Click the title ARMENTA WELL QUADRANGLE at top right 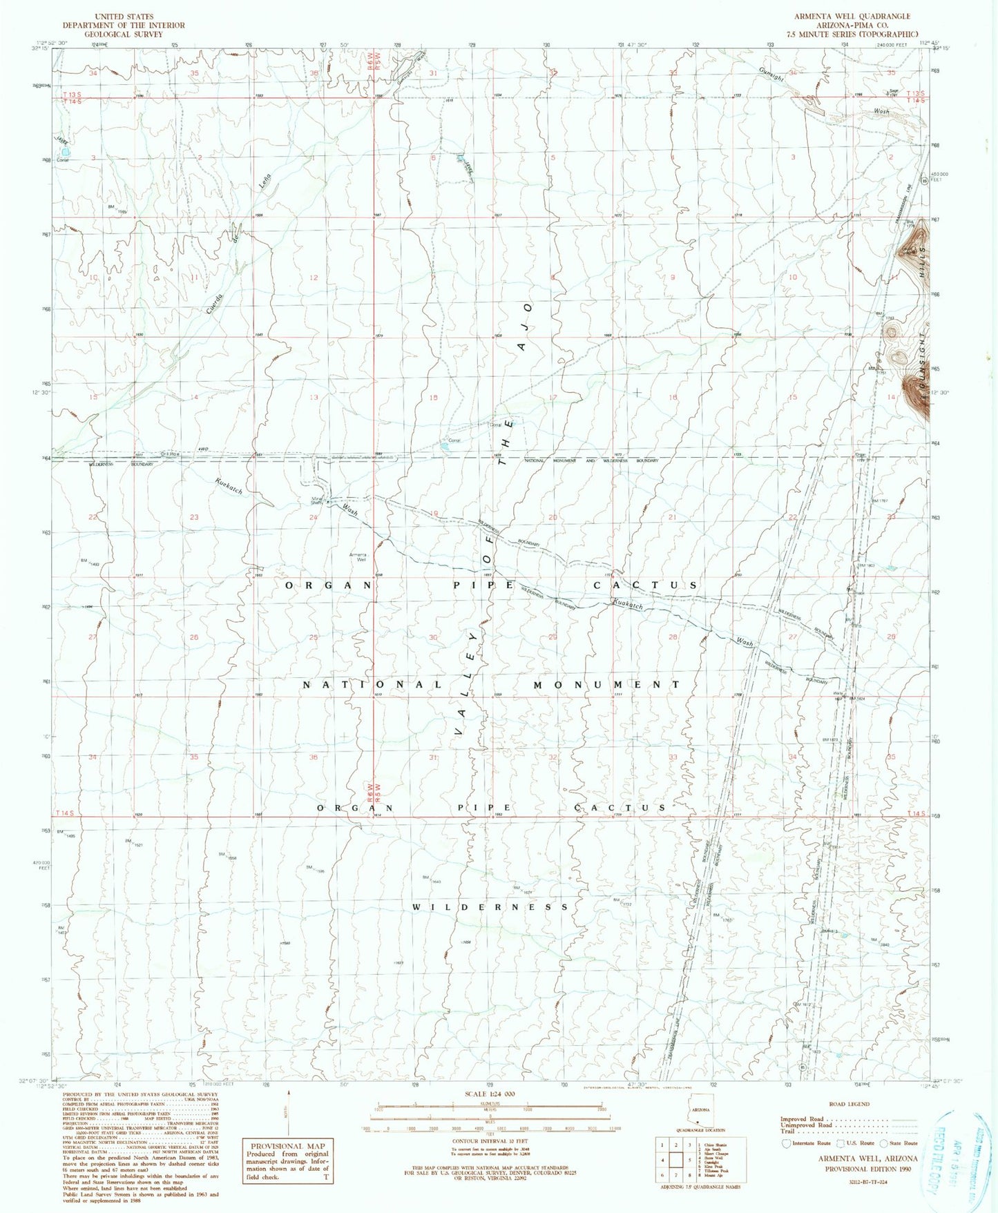pos(852,16)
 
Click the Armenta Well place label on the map pos(358,557)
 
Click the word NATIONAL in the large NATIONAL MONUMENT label pos(373,685)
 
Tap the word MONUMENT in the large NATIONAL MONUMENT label pos(607,685)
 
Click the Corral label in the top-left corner pos(63,160)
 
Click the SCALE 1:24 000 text pos(490,1095)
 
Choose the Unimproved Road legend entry pos(806,1125)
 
